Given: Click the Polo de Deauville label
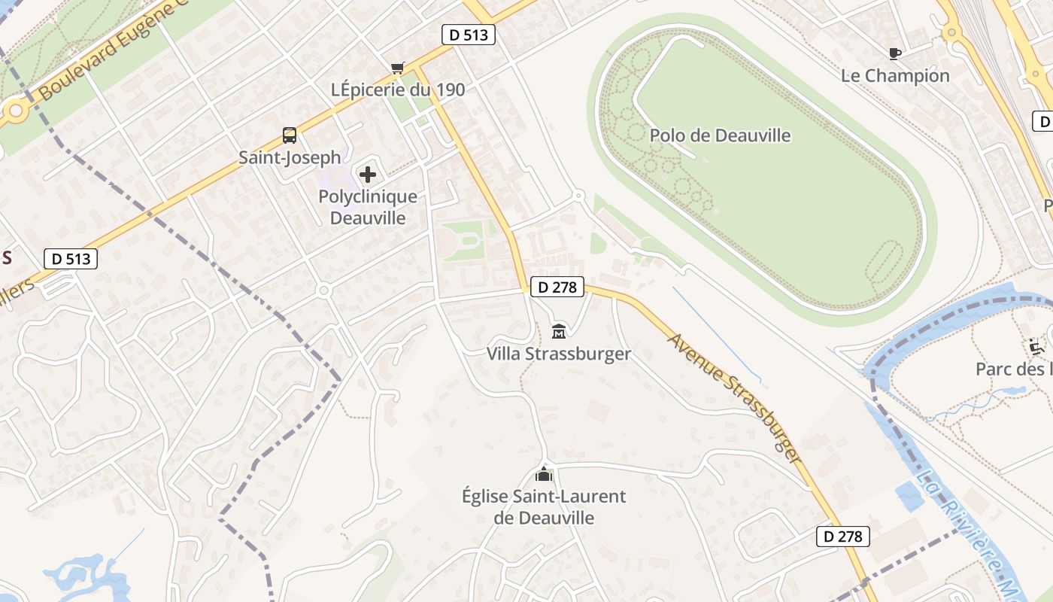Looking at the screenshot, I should click(x=720, y=135).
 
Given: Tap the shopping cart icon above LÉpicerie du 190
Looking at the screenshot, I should click(x=398, y=68).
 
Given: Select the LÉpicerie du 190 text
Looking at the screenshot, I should click(x=398, y=90).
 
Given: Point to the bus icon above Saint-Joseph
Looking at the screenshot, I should click(x=290, y=135).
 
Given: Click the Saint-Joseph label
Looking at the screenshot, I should click(x=290, y=157).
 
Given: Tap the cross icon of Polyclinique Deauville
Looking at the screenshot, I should click(x=368, y=175).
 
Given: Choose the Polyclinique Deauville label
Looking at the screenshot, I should click(x=368, y=207).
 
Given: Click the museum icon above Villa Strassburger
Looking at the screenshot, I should click(x=559, y=331).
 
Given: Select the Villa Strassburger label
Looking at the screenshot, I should click(x=559, y=354).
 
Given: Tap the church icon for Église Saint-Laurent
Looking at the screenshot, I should click(x=543, y=474).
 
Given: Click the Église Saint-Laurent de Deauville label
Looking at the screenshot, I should click(x=543, y=507).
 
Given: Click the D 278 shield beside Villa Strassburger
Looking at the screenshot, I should click(x=557, y=287).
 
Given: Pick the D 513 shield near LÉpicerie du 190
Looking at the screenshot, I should click(x=468, y=35).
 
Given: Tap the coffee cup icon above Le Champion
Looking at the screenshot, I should click(x=895, y=53).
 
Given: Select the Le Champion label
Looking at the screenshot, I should click(x=895, y=75).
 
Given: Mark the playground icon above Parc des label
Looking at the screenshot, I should click(x=1036, y=347).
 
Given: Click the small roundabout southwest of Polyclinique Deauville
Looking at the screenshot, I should click(x=324, y=290).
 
